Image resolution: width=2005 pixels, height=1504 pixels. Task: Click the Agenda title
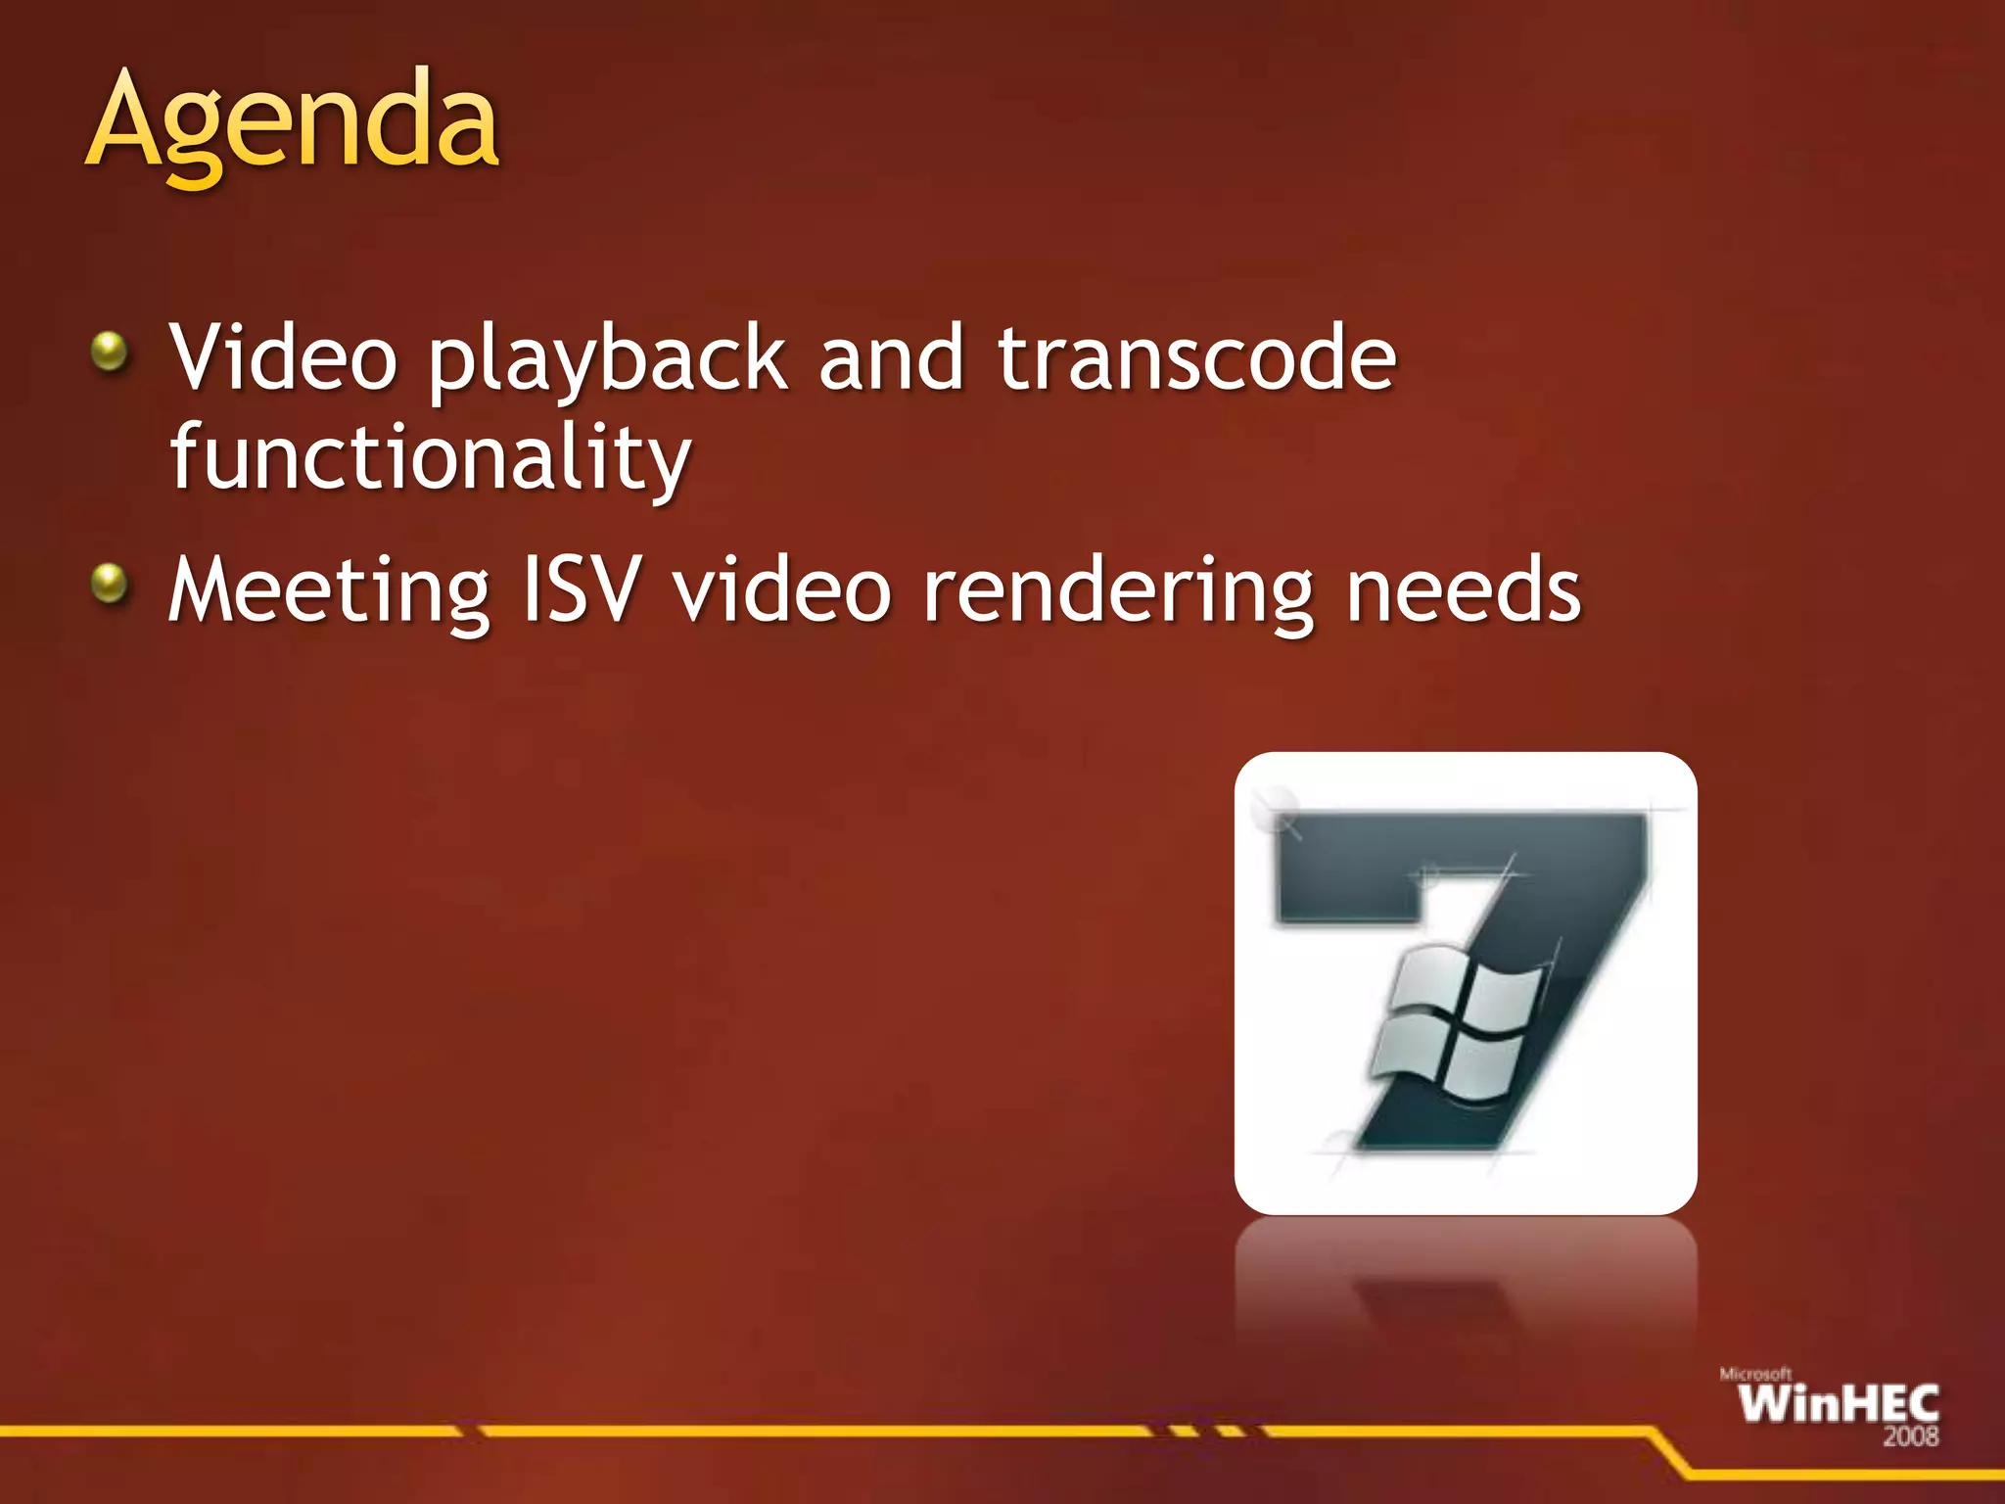(294, 122)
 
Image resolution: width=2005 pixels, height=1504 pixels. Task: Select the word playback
(607, 362)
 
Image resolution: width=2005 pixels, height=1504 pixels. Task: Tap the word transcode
(1196, 358)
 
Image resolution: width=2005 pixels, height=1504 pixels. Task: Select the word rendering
(1118, 593)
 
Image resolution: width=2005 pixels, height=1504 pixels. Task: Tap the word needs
(1463, 589)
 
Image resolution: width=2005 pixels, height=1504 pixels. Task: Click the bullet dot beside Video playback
(110, 352)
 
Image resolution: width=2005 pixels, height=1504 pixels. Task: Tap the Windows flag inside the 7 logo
(1456, 1023)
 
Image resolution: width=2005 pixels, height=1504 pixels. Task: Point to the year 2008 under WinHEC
(1910, 1436)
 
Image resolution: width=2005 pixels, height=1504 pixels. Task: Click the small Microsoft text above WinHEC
(1755, 1374)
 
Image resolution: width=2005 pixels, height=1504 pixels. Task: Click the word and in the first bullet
(892, 358)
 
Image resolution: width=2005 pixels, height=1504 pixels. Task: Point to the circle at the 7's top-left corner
(1275, 809)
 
